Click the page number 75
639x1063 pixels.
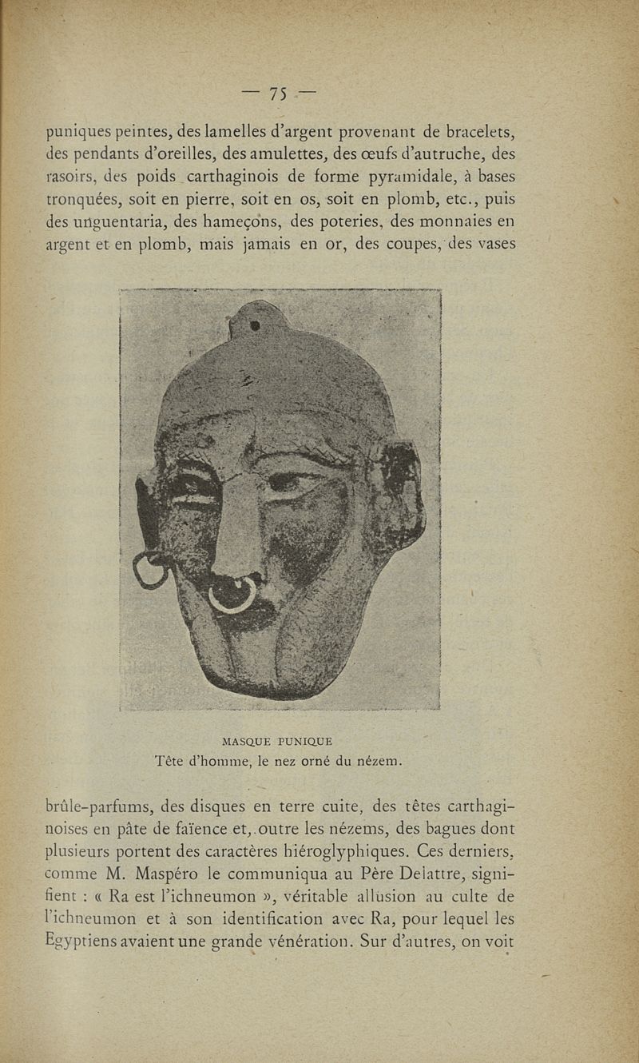[278, 94]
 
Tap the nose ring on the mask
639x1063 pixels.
[232, 595]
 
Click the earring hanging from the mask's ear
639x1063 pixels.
[149, 571]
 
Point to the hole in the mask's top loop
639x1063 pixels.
[254, 325]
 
